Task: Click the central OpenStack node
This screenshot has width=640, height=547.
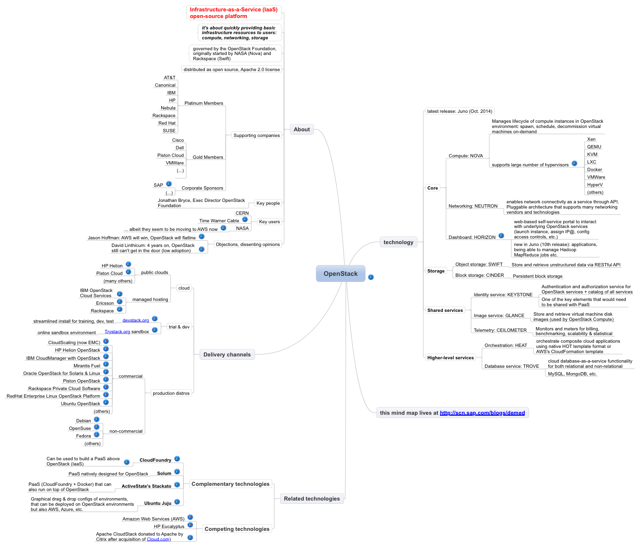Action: pyautogui.click(x=340, y=273)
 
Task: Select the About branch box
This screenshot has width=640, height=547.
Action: pyautogui.click(x=301, y=129)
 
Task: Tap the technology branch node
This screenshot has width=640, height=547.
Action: pyautogui.click(x=398, y=242)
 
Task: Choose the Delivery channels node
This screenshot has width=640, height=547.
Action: pyautogui.click(x=227, y=355)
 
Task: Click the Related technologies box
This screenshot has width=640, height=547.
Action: pyautogui.click(x=311, y=498)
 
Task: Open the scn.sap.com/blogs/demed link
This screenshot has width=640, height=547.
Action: pyautogui.click(x=482, y=413)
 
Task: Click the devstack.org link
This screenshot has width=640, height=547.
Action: pyautogui.click(x=136, y=320)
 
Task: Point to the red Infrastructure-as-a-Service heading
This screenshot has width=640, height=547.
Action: pyautogui.click(x=233, y=13)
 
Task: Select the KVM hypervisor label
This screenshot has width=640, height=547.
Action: pyautogui.click(x=592, y=154)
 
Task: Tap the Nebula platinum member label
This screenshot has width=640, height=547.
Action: pyautogui.click(x=168, y=108)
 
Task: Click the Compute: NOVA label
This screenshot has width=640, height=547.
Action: pyautogui.click(x=466, y=156)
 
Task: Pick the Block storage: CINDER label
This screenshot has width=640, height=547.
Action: pyautogui.click(x=479, y=275)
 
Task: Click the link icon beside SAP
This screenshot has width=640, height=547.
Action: pyautogui.click(x=169, y=184)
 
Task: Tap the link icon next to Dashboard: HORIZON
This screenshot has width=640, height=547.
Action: pyautogui.click(x=501, y=236)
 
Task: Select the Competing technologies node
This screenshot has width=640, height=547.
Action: pyautogui.click(x=237, y=529)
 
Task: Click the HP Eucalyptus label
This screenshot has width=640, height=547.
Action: pyautogui.click(x=169, y=526)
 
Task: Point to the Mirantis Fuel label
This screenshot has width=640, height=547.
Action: pyautogui.click(x=87, y=365)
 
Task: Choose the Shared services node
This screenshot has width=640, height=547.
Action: pyautogui.click(x=445, y=310)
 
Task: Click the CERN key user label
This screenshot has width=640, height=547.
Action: pyautogui.click(x=242, y=213)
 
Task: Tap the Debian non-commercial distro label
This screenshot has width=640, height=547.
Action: pyautogui.click(x=83, y=421)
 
